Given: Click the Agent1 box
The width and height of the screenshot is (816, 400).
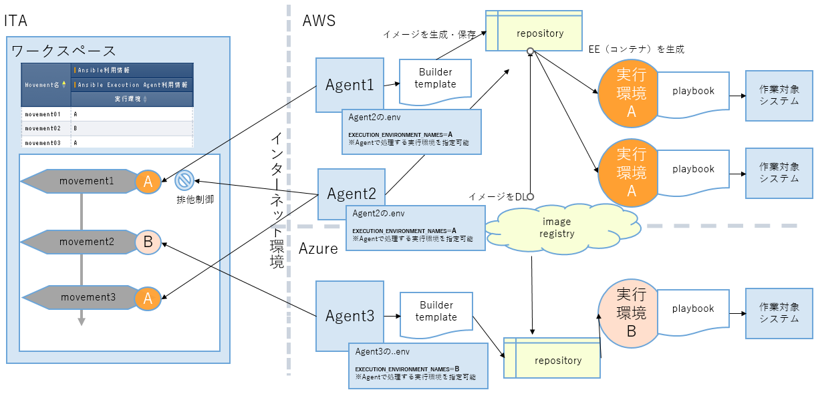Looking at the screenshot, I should click(350, 85).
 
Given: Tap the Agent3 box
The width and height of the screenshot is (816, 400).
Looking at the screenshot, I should click(350, 316).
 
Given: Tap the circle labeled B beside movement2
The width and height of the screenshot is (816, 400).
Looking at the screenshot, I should click(148, 242).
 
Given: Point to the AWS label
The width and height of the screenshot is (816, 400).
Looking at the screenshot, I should click(319, 21).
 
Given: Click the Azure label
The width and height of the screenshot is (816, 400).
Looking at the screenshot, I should click(317, 248).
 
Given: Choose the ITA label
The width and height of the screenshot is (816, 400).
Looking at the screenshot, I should click(15, 21).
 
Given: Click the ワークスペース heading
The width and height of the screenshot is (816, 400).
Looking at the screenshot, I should click(63, 51).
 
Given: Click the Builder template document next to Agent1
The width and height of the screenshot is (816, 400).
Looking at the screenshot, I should click(435, 80).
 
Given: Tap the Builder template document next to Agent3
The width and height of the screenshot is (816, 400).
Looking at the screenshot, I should click(436, 313).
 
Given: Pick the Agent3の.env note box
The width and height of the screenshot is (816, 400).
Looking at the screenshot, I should click(418, 365).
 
